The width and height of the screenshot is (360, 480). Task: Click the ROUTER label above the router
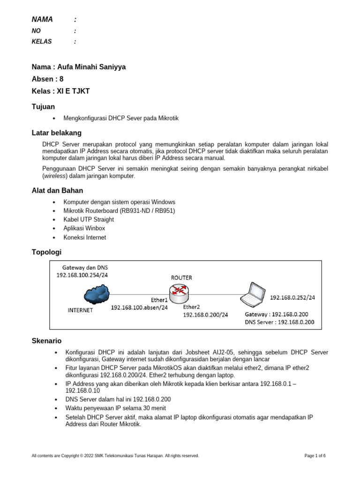181,277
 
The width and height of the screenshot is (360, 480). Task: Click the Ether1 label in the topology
159,300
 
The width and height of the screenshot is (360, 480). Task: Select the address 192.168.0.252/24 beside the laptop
292,297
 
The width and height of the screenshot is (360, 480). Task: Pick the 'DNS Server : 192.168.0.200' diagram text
279,322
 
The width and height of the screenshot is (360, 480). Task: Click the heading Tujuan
43,107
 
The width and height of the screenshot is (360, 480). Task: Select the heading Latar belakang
56,133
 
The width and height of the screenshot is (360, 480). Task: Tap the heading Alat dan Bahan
57,190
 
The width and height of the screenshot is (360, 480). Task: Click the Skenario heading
46,341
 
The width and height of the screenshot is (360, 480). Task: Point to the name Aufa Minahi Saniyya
91,67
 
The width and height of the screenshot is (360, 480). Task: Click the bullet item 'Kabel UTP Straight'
89,219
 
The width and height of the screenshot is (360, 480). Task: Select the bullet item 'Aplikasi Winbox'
84,228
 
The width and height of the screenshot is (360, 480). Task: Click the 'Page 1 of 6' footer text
315,456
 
